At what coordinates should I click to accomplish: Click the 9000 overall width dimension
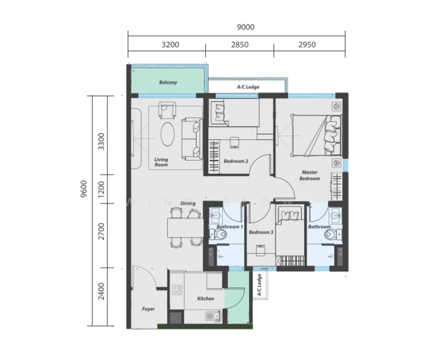click(x=245, y=26)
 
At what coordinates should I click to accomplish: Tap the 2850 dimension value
click(x=239, y=44)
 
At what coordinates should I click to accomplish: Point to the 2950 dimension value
click(x=307, y=44)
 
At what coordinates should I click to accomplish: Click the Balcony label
click(x=168, y=82)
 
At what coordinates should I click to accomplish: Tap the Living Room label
click(x=161, y=162)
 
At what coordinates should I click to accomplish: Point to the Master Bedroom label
click(x=310, y=175)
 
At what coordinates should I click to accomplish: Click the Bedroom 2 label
click(x=236, y=161)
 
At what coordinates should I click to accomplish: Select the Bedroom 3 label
click(x=261, y=232)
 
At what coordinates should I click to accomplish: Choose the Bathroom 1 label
click(x=229, y=227)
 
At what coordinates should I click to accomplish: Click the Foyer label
click(x=148, y=309)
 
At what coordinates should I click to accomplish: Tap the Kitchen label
click(x=205, y=298)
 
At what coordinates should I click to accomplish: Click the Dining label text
click(x=187, y=203)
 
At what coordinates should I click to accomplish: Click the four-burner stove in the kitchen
click(x=177, y=290)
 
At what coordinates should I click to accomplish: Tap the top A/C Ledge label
click(x=247, y=87)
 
